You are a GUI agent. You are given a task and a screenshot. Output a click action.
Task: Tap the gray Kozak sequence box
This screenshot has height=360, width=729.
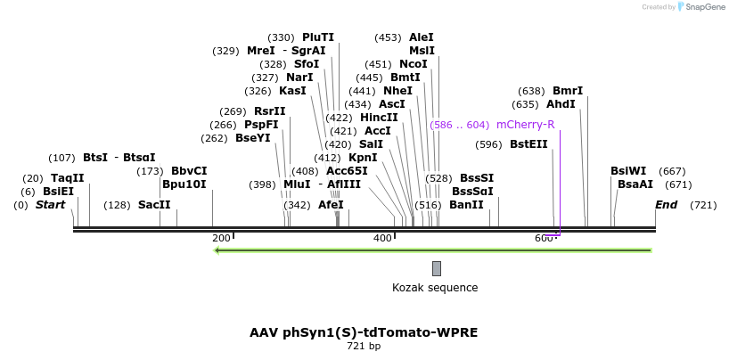point(436,268)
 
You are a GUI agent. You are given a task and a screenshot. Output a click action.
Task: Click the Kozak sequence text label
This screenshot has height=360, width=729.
point(435,288)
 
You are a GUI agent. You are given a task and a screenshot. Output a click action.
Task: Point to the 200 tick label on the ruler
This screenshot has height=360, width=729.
point(221,238)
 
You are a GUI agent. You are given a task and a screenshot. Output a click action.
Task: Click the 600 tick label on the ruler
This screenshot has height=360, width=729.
point(544,238)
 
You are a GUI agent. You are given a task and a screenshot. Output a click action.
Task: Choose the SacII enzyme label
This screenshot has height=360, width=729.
point(154,205)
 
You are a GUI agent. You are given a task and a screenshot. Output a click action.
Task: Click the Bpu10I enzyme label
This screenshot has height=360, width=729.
point(184,184)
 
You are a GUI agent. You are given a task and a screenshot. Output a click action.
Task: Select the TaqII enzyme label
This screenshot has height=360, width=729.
point(67,178)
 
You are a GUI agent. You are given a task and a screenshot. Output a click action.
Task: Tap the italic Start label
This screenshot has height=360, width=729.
point(50,205)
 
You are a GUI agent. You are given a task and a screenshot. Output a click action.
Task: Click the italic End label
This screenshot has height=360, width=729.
point(667,205)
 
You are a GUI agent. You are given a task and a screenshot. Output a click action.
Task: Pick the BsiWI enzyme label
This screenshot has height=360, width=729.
point(628,171)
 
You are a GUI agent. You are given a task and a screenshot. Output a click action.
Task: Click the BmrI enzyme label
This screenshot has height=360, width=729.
point(568,91)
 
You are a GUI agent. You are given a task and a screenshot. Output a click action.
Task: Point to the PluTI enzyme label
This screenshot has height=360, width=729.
point(318,37)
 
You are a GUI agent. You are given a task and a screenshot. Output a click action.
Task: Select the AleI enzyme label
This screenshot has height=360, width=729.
point(422,37)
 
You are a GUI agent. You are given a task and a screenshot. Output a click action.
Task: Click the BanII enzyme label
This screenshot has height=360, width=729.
point(466,205)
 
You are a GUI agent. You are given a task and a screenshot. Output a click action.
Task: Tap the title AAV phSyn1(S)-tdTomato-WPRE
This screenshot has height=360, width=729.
point(364,332)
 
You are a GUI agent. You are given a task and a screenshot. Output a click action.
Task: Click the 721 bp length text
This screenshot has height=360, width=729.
point(364,346)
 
